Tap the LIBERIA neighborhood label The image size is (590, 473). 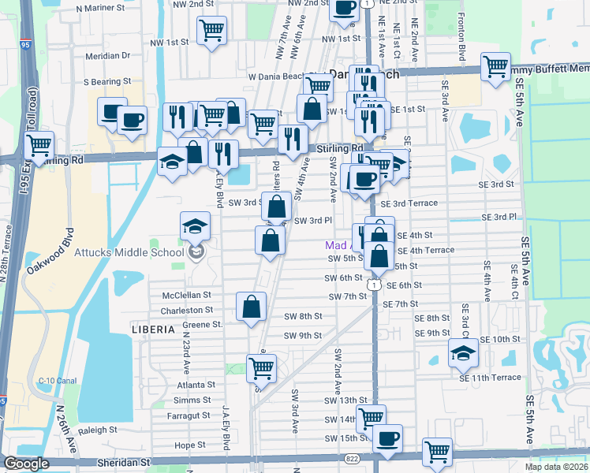pyautogui.click(x=152, y=327)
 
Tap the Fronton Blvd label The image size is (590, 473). pyautogui.click(x=460, y=37)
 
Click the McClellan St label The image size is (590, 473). pyautogui.click(x=187, y=294)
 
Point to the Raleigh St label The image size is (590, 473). pyautogui.click(x=98, y=430)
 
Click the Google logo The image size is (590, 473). pyautogui.click(x=27, y=464)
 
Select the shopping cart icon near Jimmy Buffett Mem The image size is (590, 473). pyautogui.click(x=495, y=66)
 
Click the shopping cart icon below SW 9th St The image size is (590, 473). pyautogui.click(x=261, y=367)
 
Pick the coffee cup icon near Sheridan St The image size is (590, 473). pyautogui.click(x=386, y=438)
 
